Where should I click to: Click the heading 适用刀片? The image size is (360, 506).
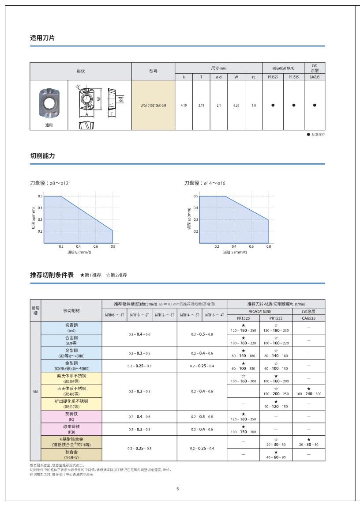[42, 38]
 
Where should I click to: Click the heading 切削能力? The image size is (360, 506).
[42, 156]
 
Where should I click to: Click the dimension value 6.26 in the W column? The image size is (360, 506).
[236, 105]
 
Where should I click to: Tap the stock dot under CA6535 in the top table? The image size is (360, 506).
[315, 105]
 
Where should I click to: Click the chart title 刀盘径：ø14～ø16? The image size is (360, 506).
[205, 183]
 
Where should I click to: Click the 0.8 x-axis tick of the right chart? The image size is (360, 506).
[268, 247]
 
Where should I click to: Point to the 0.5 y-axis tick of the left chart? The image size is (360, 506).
[40, 196]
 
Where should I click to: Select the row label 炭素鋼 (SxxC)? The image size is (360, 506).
[71, 327]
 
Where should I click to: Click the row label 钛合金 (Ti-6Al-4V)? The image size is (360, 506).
[71, 455]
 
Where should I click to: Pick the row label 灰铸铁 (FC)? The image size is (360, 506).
[71, 416]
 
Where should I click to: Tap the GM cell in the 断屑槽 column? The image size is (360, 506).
[35, 391]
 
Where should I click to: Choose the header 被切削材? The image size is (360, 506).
[71, 311]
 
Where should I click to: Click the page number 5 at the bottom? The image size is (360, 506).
[177, 489]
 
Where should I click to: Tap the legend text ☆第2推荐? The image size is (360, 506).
[116, 275]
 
